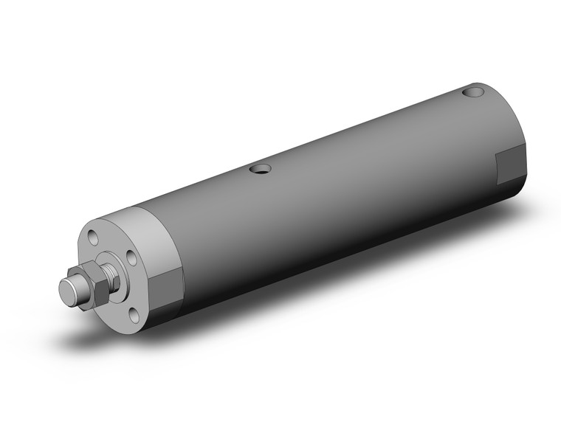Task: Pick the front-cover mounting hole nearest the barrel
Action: (x=131, y=258)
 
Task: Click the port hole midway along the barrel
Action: (x=258, y=170)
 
